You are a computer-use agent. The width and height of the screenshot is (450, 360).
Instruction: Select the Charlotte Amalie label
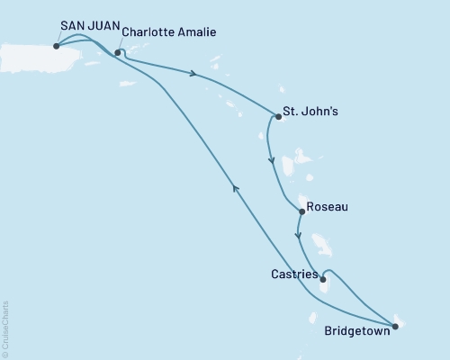tap(169, 34)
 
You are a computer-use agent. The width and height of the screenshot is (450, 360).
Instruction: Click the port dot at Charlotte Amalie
tap(118, 52)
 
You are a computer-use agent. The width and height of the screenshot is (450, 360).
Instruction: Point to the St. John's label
tap(310, 113)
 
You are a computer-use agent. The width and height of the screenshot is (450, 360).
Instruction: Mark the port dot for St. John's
tap(278, 116)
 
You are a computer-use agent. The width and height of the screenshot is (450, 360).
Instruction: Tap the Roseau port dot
tap(301, 212)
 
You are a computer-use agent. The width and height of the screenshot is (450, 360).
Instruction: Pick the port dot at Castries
tap(322, 279)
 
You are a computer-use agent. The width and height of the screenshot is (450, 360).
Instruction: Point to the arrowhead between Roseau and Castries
tap(298, 238)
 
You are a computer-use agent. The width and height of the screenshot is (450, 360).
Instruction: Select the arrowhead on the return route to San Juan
tap(236, 186)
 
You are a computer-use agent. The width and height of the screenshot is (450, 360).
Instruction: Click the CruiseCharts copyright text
tap(7, 329)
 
